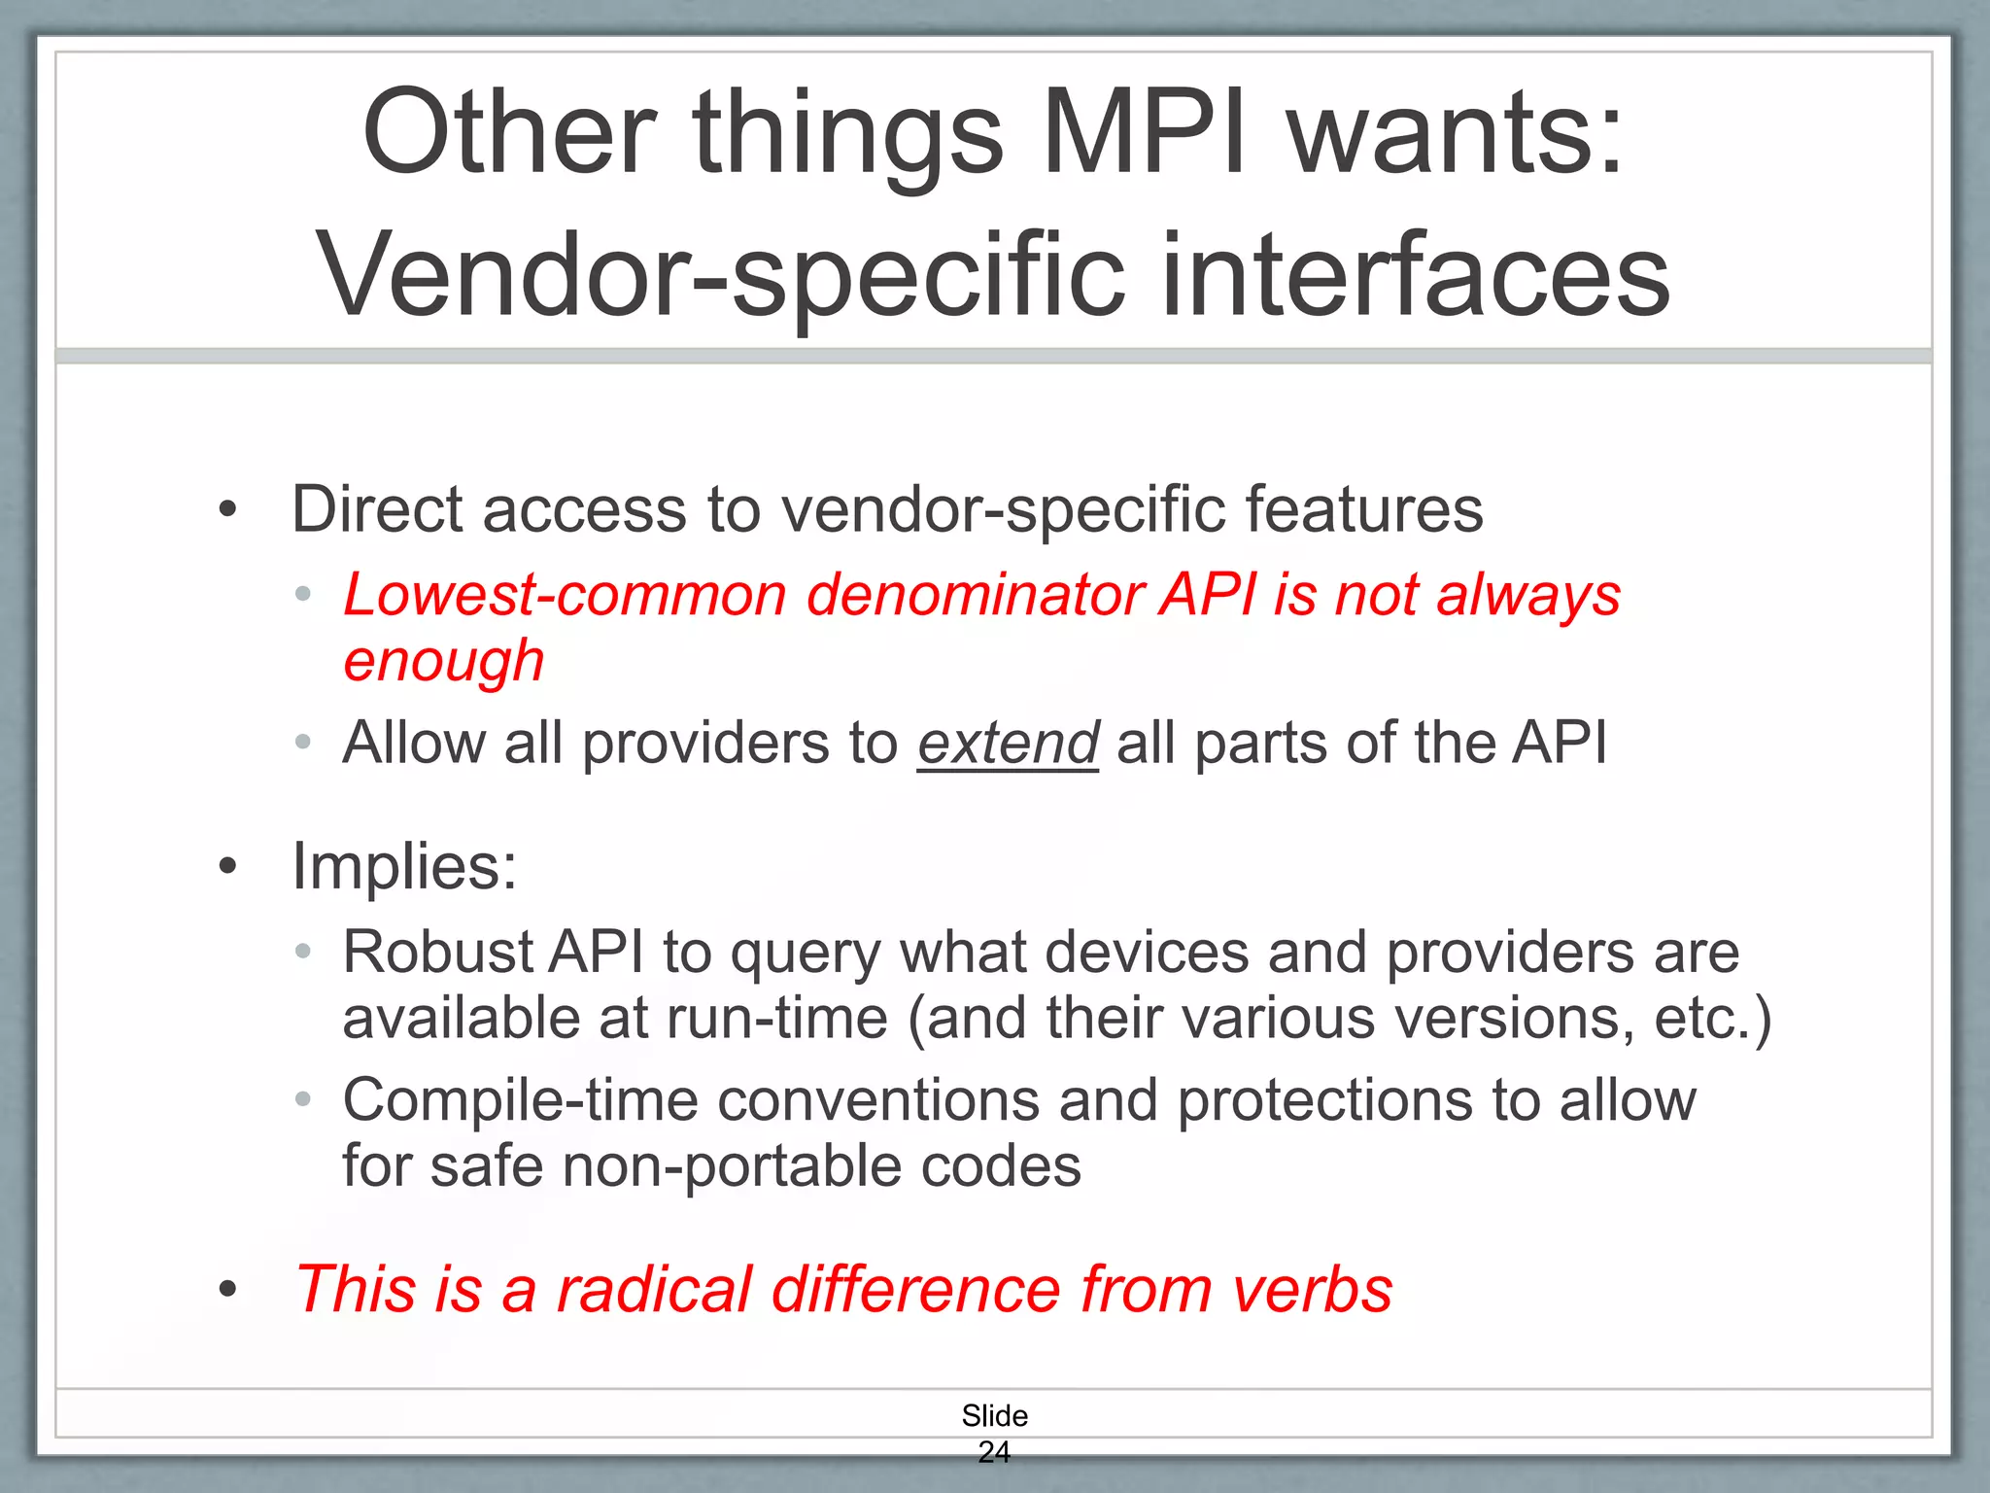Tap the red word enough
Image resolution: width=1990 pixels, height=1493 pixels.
pos(443,662)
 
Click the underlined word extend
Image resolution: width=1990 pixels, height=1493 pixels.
pos(1008,744)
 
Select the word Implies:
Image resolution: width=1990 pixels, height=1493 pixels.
pos(404,865)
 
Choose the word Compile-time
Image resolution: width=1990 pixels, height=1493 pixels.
pos(521,1100)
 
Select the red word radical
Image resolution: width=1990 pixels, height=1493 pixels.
pos(654,1290)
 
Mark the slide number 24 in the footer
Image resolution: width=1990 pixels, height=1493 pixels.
pos(994,1451)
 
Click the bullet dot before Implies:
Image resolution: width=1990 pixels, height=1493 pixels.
pos(227,866)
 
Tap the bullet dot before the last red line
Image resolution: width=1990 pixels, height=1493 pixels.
pos(227,1290)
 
